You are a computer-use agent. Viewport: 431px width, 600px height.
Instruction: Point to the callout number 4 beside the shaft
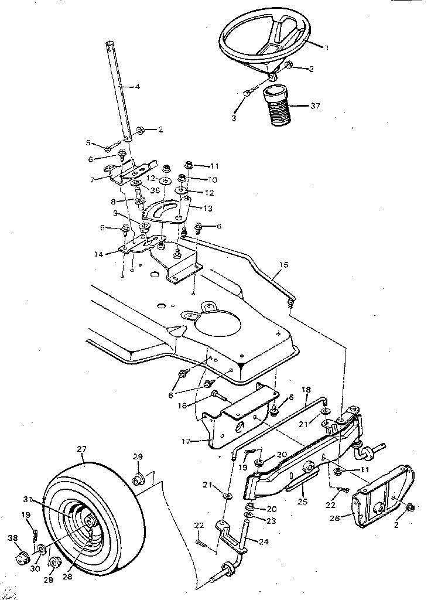(137, 86)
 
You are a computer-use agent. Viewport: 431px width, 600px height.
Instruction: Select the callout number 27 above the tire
(81, 448)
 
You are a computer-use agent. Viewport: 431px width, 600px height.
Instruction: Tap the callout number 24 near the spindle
(264, 541)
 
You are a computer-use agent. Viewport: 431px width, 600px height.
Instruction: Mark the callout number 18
(306, 389)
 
